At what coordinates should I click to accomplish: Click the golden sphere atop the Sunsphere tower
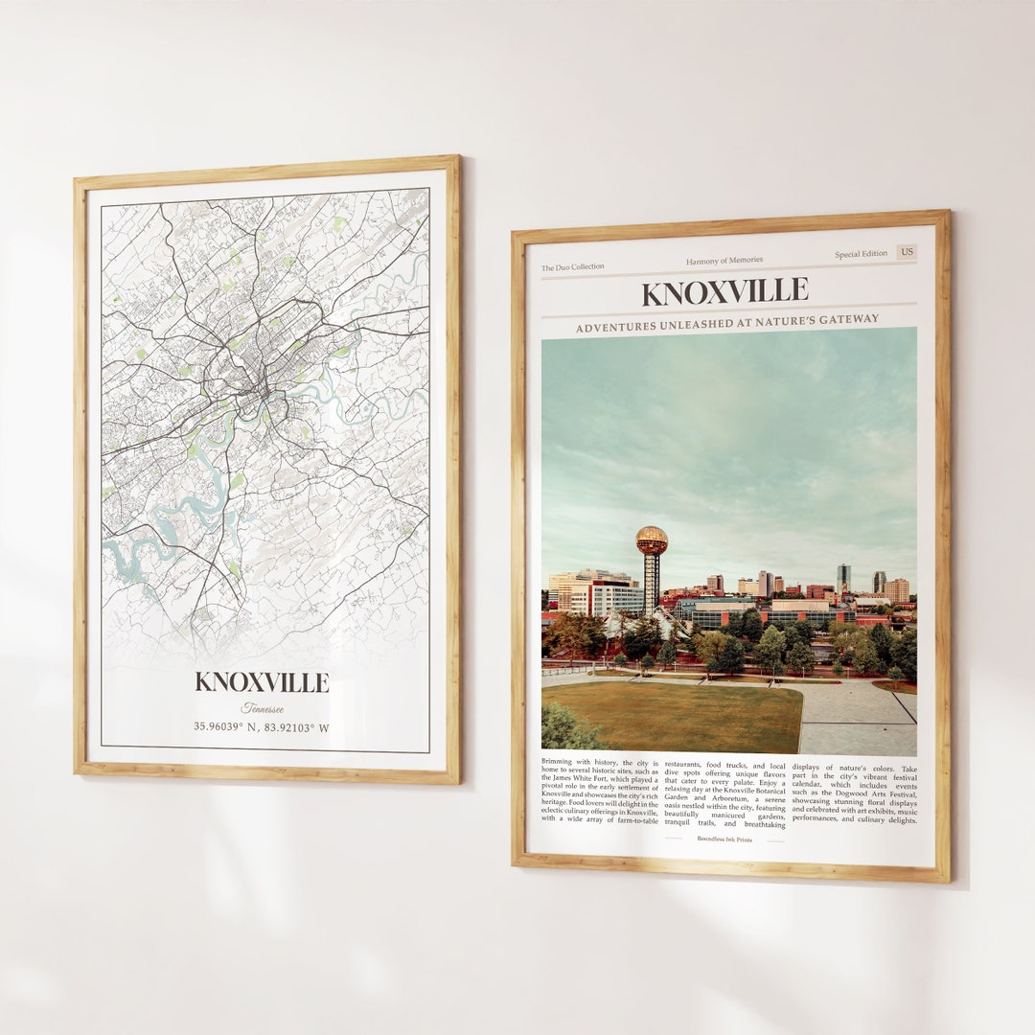pos(652,540)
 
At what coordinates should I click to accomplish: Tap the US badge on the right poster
pos(906,253)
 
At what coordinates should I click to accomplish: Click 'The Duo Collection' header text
pos(572,267)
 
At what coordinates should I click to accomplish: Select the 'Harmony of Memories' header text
pos(724,261)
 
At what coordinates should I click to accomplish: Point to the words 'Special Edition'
pos(861,255)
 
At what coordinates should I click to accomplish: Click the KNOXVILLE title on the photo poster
pos(724,291)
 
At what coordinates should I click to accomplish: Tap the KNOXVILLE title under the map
pos(262,682)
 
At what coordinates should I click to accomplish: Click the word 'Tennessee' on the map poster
pos(262,708)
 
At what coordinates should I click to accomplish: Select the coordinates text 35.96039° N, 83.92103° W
pos(262,727)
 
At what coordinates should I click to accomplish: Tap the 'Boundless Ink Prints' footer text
pos(724,839)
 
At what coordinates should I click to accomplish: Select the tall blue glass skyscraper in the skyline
pos(842,578)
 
